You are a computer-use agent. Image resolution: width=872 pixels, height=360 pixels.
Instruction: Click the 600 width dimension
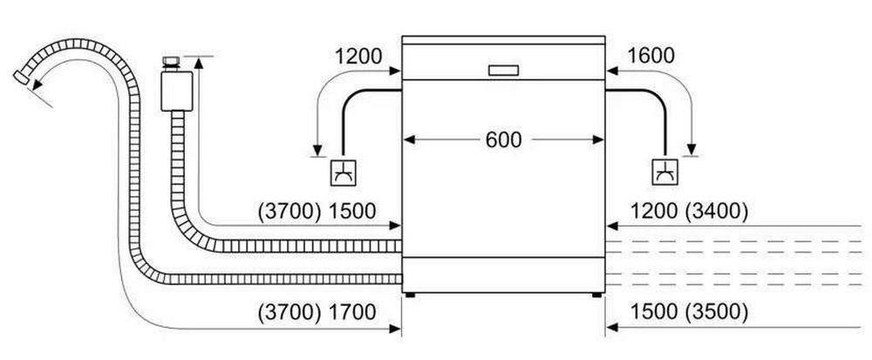click(x=503, y=139)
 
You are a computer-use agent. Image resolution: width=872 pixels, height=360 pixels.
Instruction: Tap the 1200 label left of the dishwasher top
click(x=358, y=57)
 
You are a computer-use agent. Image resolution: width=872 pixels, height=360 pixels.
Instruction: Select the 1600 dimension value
click(x=650, y=57)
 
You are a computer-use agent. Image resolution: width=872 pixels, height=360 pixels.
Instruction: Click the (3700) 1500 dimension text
click(x=317, y=210)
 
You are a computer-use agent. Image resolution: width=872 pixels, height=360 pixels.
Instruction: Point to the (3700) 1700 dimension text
click(x=317, y=311)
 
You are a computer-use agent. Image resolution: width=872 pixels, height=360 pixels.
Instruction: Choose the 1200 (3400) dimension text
click(x=689, y=210)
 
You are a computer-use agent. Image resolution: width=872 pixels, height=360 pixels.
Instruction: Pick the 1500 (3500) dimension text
click(x=689, y=311)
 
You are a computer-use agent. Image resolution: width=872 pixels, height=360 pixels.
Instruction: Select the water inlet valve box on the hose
click(x=176, y=90)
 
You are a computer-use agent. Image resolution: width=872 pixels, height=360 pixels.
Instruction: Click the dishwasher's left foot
click(x=408, y=295)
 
